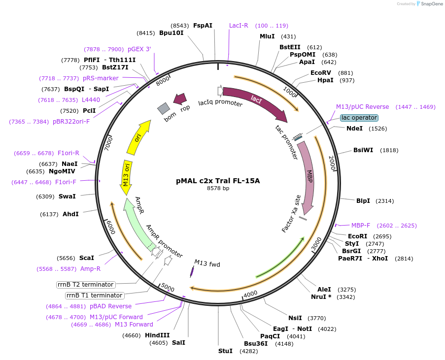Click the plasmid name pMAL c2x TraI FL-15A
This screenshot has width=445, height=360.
(x=218, y=181)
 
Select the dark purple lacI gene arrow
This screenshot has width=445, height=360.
(x=256, y=101)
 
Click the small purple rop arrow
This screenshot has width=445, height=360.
(x=180, y=99)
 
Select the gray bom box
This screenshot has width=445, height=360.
(x=164, y=109)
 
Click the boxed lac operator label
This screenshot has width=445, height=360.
(x=359, y=118)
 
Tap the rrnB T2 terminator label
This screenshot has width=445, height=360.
(x=86, y=285)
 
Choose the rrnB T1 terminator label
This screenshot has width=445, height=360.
(x=94, y=295)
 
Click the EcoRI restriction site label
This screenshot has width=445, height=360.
(x=357, y=236)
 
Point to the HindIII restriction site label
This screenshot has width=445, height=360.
(x=157, y=335)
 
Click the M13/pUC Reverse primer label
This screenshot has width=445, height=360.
(x=362, y=107)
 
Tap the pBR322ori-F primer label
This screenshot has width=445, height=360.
(x=71, y=122)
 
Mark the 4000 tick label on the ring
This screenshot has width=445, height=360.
(x=250, y=294)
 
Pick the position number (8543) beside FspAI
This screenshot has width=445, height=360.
(x=180, y=26)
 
